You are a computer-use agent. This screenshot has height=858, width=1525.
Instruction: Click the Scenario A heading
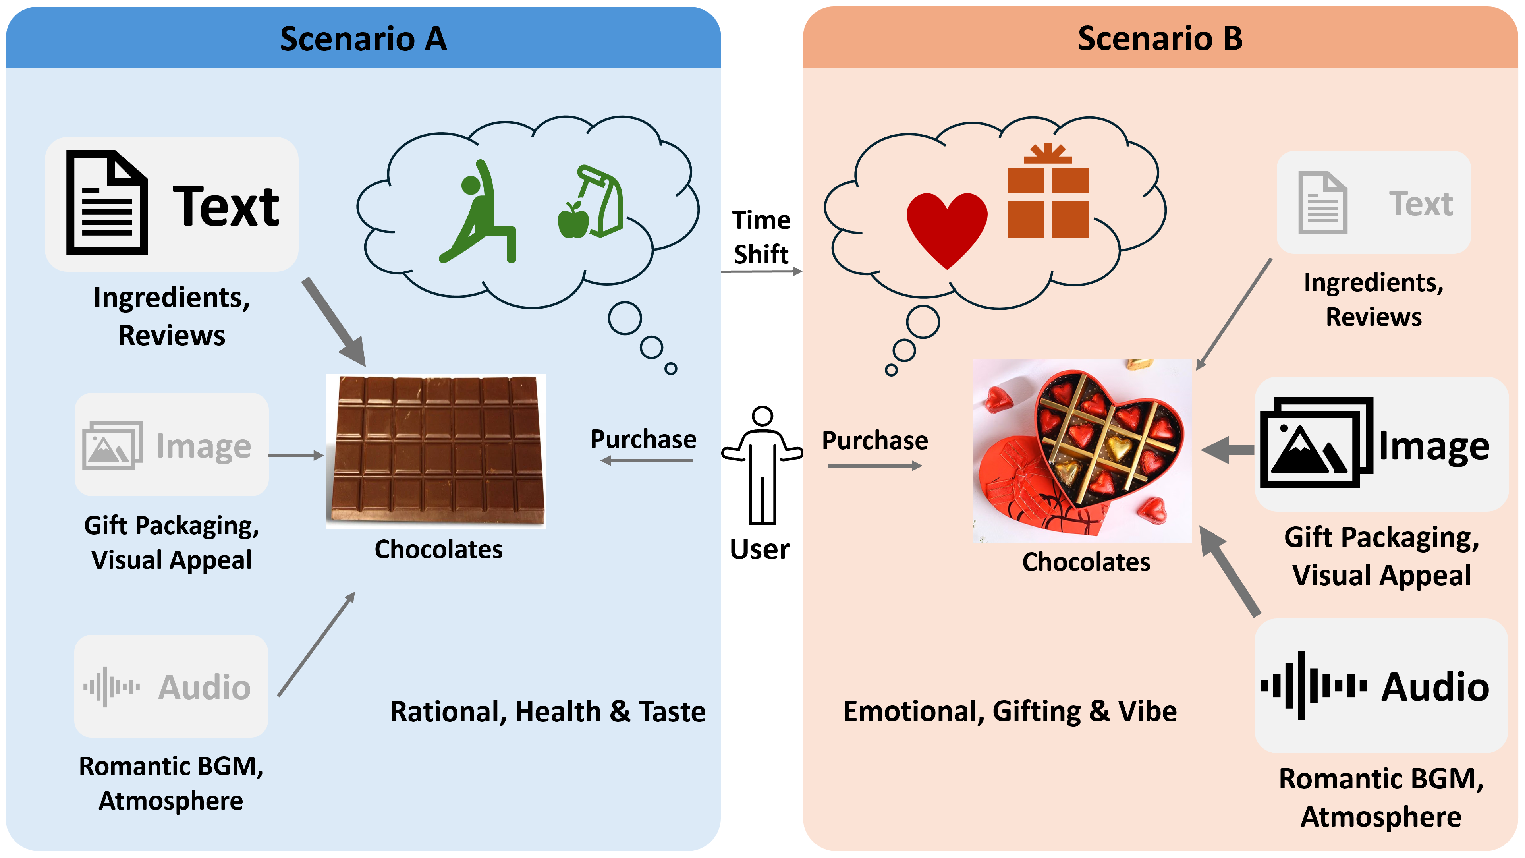point(363,39)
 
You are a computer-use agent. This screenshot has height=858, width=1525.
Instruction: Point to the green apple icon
point(573,220)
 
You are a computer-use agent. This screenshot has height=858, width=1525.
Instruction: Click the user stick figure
point(762,465)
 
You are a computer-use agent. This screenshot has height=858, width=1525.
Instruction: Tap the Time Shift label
point(761,237)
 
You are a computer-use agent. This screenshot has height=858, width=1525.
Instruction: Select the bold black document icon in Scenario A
point(106,203)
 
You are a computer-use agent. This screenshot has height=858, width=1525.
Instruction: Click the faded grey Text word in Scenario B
point(1421,204)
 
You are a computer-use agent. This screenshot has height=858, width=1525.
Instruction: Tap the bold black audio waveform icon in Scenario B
point(1313,686)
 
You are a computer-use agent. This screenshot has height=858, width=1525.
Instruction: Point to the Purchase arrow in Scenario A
point(647,460)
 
